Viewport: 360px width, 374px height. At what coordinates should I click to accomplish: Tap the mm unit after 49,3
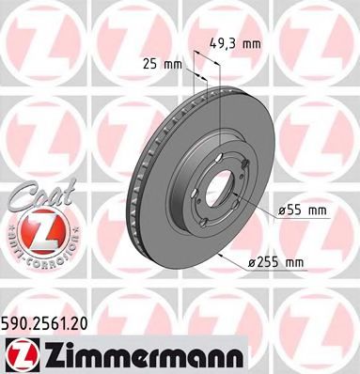[x=251, y=41]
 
